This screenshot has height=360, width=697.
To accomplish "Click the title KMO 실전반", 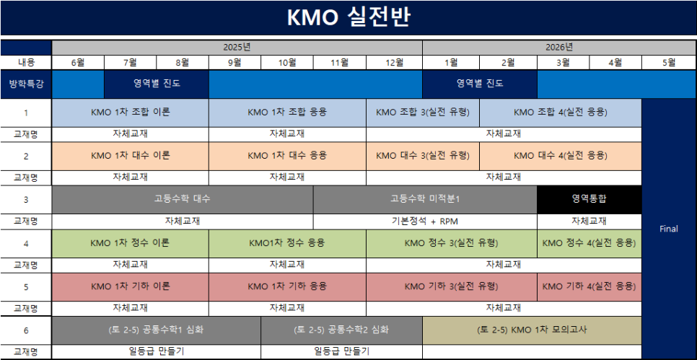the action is [x=348, y=18].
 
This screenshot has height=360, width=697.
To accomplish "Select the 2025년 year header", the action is [x=237, y=48].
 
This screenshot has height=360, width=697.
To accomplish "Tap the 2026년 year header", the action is [x=558, y=48].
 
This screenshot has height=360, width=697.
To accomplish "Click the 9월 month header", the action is [x=234, y=63].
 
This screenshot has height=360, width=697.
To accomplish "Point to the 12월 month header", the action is [x=394, y=63].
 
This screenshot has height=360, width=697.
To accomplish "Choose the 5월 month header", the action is [x=669, y=63].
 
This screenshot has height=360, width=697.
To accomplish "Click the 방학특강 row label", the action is [x=26, y=84].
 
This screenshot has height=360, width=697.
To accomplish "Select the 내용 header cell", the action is [x=26, y=63].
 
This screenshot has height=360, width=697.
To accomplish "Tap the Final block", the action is [x=669, y=229].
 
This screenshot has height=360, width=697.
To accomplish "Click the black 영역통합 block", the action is [x=589, y=200].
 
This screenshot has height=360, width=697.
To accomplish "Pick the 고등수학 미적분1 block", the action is [x=425, y=200].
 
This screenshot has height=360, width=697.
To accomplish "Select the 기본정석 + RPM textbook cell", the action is [x=425, y=221].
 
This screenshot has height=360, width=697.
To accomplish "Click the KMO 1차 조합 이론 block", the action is [x=131, y=113].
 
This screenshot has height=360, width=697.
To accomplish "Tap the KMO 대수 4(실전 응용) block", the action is [x=561, y=156].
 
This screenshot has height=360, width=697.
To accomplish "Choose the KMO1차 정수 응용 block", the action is [x=287, y=243].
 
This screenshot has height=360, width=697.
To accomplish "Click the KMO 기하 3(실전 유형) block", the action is [x=452, y=286].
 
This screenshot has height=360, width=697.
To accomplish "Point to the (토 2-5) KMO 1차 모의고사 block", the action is [x=532, y=330].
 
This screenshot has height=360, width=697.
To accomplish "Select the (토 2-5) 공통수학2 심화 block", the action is [x=341, y=330].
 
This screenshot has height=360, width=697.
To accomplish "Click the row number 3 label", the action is [x=26, y=200].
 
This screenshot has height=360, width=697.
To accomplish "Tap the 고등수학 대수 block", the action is [x=183, y=200].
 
